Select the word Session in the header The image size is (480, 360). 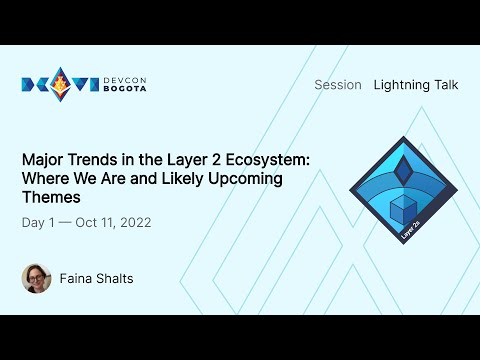point(337,85)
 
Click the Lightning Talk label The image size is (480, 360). point(416,85)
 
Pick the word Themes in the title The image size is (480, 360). point(51,197)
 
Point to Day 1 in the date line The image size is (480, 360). point(38,222)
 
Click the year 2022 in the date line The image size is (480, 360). point(134,222)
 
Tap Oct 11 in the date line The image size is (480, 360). point(93,222)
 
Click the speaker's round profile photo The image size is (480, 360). point(36,278)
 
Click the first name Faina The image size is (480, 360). point(77,278)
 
